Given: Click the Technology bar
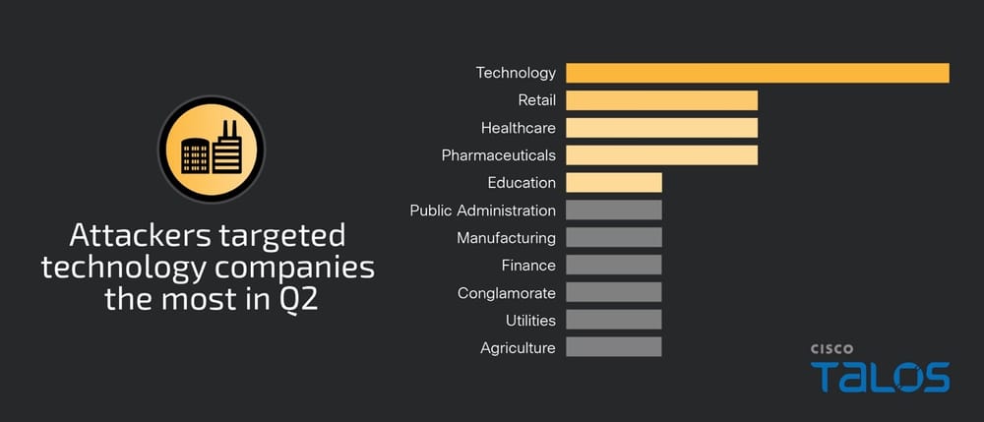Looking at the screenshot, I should pos(757,73).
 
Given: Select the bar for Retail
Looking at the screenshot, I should pos(661,100).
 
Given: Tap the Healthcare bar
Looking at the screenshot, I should pos(661,128).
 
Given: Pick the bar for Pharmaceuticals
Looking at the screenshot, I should pos(661,155).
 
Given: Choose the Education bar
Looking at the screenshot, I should pos(613,183).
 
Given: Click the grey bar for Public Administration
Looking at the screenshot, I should pos(613,211).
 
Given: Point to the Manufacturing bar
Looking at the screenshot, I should pos(613,238).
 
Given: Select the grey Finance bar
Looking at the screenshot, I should pos(613,266).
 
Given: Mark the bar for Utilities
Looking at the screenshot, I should pos(613,321).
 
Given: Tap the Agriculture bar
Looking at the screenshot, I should pos(613,348).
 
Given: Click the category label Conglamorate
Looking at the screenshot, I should pos(506,293).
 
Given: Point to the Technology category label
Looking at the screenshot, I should pos(516,73).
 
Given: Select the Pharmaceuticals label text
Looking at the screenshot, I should pos(498,155).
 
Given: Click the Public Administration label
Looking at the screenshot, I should pos(482,211).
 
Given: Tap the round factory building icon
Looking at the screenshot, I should pos(211,149).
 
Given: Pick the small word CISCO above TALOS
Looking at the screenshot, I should pos(831,348).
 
